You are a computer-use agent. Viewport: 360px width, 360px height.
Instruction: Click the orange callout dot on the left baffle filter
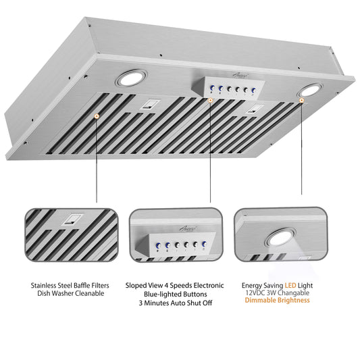pyautogui.click(x=97, y=117)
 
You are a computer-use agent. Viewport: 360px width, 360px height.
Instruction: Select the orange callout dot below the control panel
pyautogui.click(x=210, y=100)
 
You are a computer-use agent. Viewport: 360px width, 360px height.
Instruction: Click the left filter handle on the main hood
pyautogui.click(x=149, y=105)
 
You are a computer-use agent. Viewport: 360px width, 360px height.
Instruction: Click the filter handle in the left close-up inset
pyautogui.click(x=69, y=219)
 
